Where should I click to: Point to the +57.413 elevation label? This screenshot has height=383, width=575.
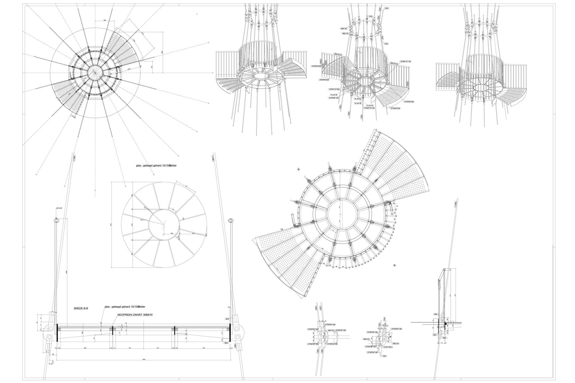pos(59,207)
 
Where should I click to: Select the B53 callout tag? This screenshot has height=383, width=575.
pos(227,343)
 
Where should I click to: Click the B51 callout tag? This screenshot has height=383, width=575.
pos(435,335)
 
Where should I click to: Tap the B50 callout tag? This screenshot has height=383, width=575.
pos(444,338)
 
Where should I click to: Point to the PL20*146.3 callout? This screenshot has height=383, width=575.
pos(388,347)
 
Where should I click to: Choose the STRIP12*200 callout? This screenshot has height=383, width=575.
pos(334,90)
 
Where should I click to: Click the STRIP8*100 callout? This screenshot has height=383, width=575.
pos(333,98)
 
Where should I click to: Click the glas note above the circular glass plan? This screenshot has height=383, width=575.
pos(156,165)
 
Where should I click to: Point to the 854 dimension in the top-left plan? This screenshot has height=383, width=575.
pos(105,20)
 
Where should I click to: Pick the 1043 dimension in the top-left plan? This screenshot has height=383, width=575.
pos(129,69)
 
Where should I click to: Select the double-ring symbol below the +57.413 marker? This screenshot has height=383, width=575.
pos(56,220)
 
